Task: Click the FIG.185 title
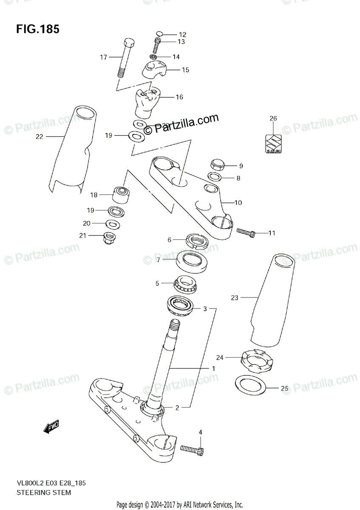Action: coord(38,29)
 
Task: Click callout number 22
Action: coord(40,137)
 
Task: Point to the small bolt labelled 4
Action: coord(192,449)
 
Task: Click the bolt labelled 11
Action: coord(246,232)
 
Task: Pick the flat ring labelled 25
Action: coord(250,385)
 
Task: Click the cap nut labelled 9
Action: coord(217,164)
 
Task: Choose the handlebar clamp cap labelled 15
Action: coord(154,69)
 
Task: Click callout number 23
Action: coord(235,298)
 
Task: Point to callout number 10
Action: coord(238,203)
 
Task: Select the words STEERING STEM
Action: coord(43,493)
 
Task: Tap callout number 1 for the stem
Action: coord(213,368)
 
